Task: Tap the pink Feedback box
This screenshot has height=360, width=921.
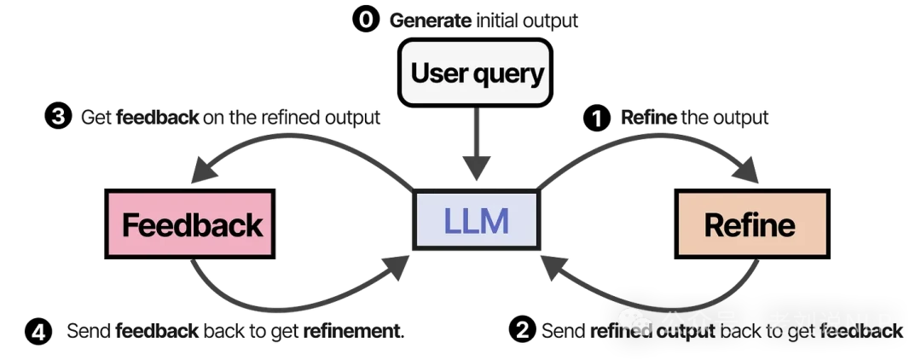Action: (190, 224)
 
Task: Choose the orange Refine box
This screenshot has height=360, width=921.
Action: (751, 224)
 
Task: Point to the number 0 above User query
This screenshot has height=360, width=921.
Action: (366, 20)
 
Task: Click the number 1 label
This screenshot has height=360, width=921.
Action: (597, 119)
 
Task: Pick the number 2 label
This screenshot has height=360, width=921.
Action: (523, 330)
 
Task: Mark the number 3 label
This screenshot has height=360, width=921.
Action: (58, 117)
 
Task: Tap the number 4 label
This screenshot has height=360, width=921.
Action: (38, 332)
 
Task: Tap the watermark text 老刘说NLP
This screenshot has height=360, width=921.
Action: (829, 323)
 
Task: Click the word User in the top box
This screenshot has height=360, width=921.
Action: (438, 73)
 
